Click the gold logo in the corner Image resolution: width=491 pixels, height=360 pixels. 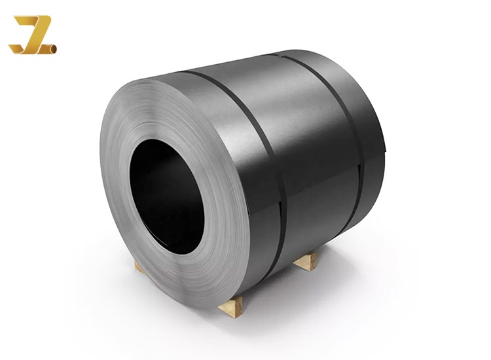coord(32,35)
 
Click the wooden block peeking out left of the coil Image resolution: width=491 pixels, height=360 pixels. coord(139,264)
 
